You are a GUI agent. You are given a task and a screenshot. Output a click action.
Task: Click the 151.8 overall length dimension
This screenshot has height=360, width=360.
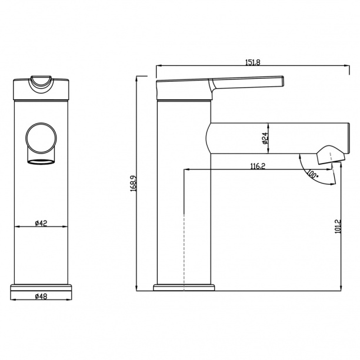(x=253, y=62)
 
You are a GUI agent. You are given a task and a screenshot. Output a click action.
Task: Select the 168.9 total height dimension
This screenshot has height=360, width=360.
(x=134, y=184)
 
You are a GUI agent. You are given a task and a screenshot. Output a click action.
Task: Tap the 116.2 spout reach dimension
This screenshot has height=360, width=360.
(x=258, y=166)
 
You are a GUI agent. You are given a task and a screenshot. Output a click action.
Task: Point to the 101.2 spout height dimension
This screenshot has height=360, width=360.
(x=338, y=226)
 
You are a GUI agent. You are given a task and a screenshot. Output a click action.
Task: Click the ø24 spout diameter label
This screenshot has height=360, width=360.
(x=265, y=138)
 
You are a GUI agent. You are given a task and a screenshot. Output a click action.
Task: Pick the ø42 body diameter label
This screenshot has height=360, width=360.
(x=41, y=223)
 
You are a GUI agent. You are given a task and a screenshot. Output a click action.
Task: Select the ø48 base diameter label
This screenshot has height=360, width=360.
(x=41, y=296)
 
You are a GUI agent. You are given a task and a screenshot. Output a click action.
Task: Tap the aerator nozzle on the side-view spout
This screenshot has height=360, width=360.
(x=331, y=155)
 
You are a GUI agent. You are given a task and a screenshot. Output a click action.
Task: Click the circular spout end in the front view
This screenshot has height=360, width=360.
(x=41, y=138)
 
